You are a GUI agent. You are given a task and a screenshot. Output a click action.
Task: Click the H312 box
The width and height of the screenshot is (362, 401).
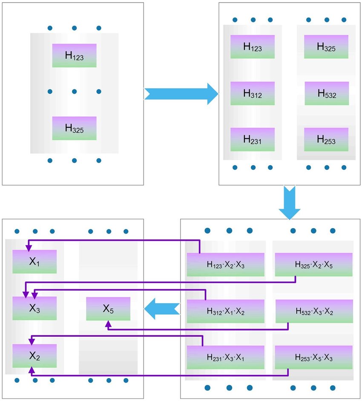[x=252, y=93]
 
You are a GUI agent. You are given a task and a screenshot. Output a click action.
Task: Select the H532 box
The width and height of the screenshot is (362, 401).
[x=326, y=93]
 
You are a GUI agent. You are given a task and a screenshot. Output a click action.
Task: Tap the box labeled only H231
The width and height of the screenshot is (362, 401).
[x=252, y=139]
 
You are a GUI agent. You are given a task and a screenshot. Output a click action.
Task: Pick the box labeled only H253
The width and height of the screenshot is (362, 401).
[x=326, y=139]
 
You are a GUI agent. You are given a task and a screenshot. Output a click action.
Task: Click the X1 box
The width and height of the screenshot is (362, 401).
[x=34, y=261]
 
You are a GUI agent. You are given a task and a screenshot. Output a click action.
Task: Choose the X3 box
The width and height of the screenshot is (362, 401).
[x=34, y=308]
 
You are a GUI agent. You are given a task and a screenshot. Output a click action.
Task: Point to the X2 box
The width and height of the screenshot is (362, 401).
[x=34, y=355]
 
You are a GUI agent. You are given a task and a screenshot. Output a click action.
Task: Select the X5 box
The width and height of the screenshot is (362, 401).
[x=108, y=309]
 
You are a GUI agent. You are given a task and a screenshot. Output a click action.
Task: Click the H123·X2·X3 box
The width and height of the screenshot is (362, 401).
[x=225, y=264]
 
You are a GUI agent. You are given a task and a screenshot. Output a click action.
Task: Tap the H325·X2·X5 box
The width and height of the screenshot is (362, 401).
[x=313, y=264]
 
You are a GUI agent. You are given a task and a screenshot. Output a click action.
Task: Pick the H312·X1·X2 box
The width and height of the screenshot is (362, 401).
[x=225, y=311]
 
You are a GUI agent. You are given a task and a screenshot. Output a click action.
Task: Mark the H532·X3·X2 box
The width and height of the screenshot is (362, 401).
[x=313, y=311]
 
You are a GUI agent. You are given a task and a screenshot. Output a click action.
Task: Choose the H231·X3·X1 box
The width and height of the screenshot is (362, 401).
[x=225, y=357]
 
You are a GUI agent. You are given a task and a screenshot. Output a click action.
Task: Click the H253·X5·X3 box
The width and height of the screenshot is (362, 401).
[x=313, y=357]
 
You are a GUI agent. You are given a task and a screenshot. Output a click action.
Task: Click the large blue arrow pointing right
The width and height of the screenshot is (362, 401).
[x=181, y=94]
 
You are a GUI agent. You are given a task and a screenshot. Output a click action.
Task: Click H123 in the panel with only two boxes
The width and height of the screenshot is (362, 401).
[x=74, y=55]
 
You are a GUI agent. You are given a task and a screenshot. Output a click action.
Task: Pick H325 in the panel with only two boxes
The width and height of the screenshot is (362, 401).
[x=74, y=128]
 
